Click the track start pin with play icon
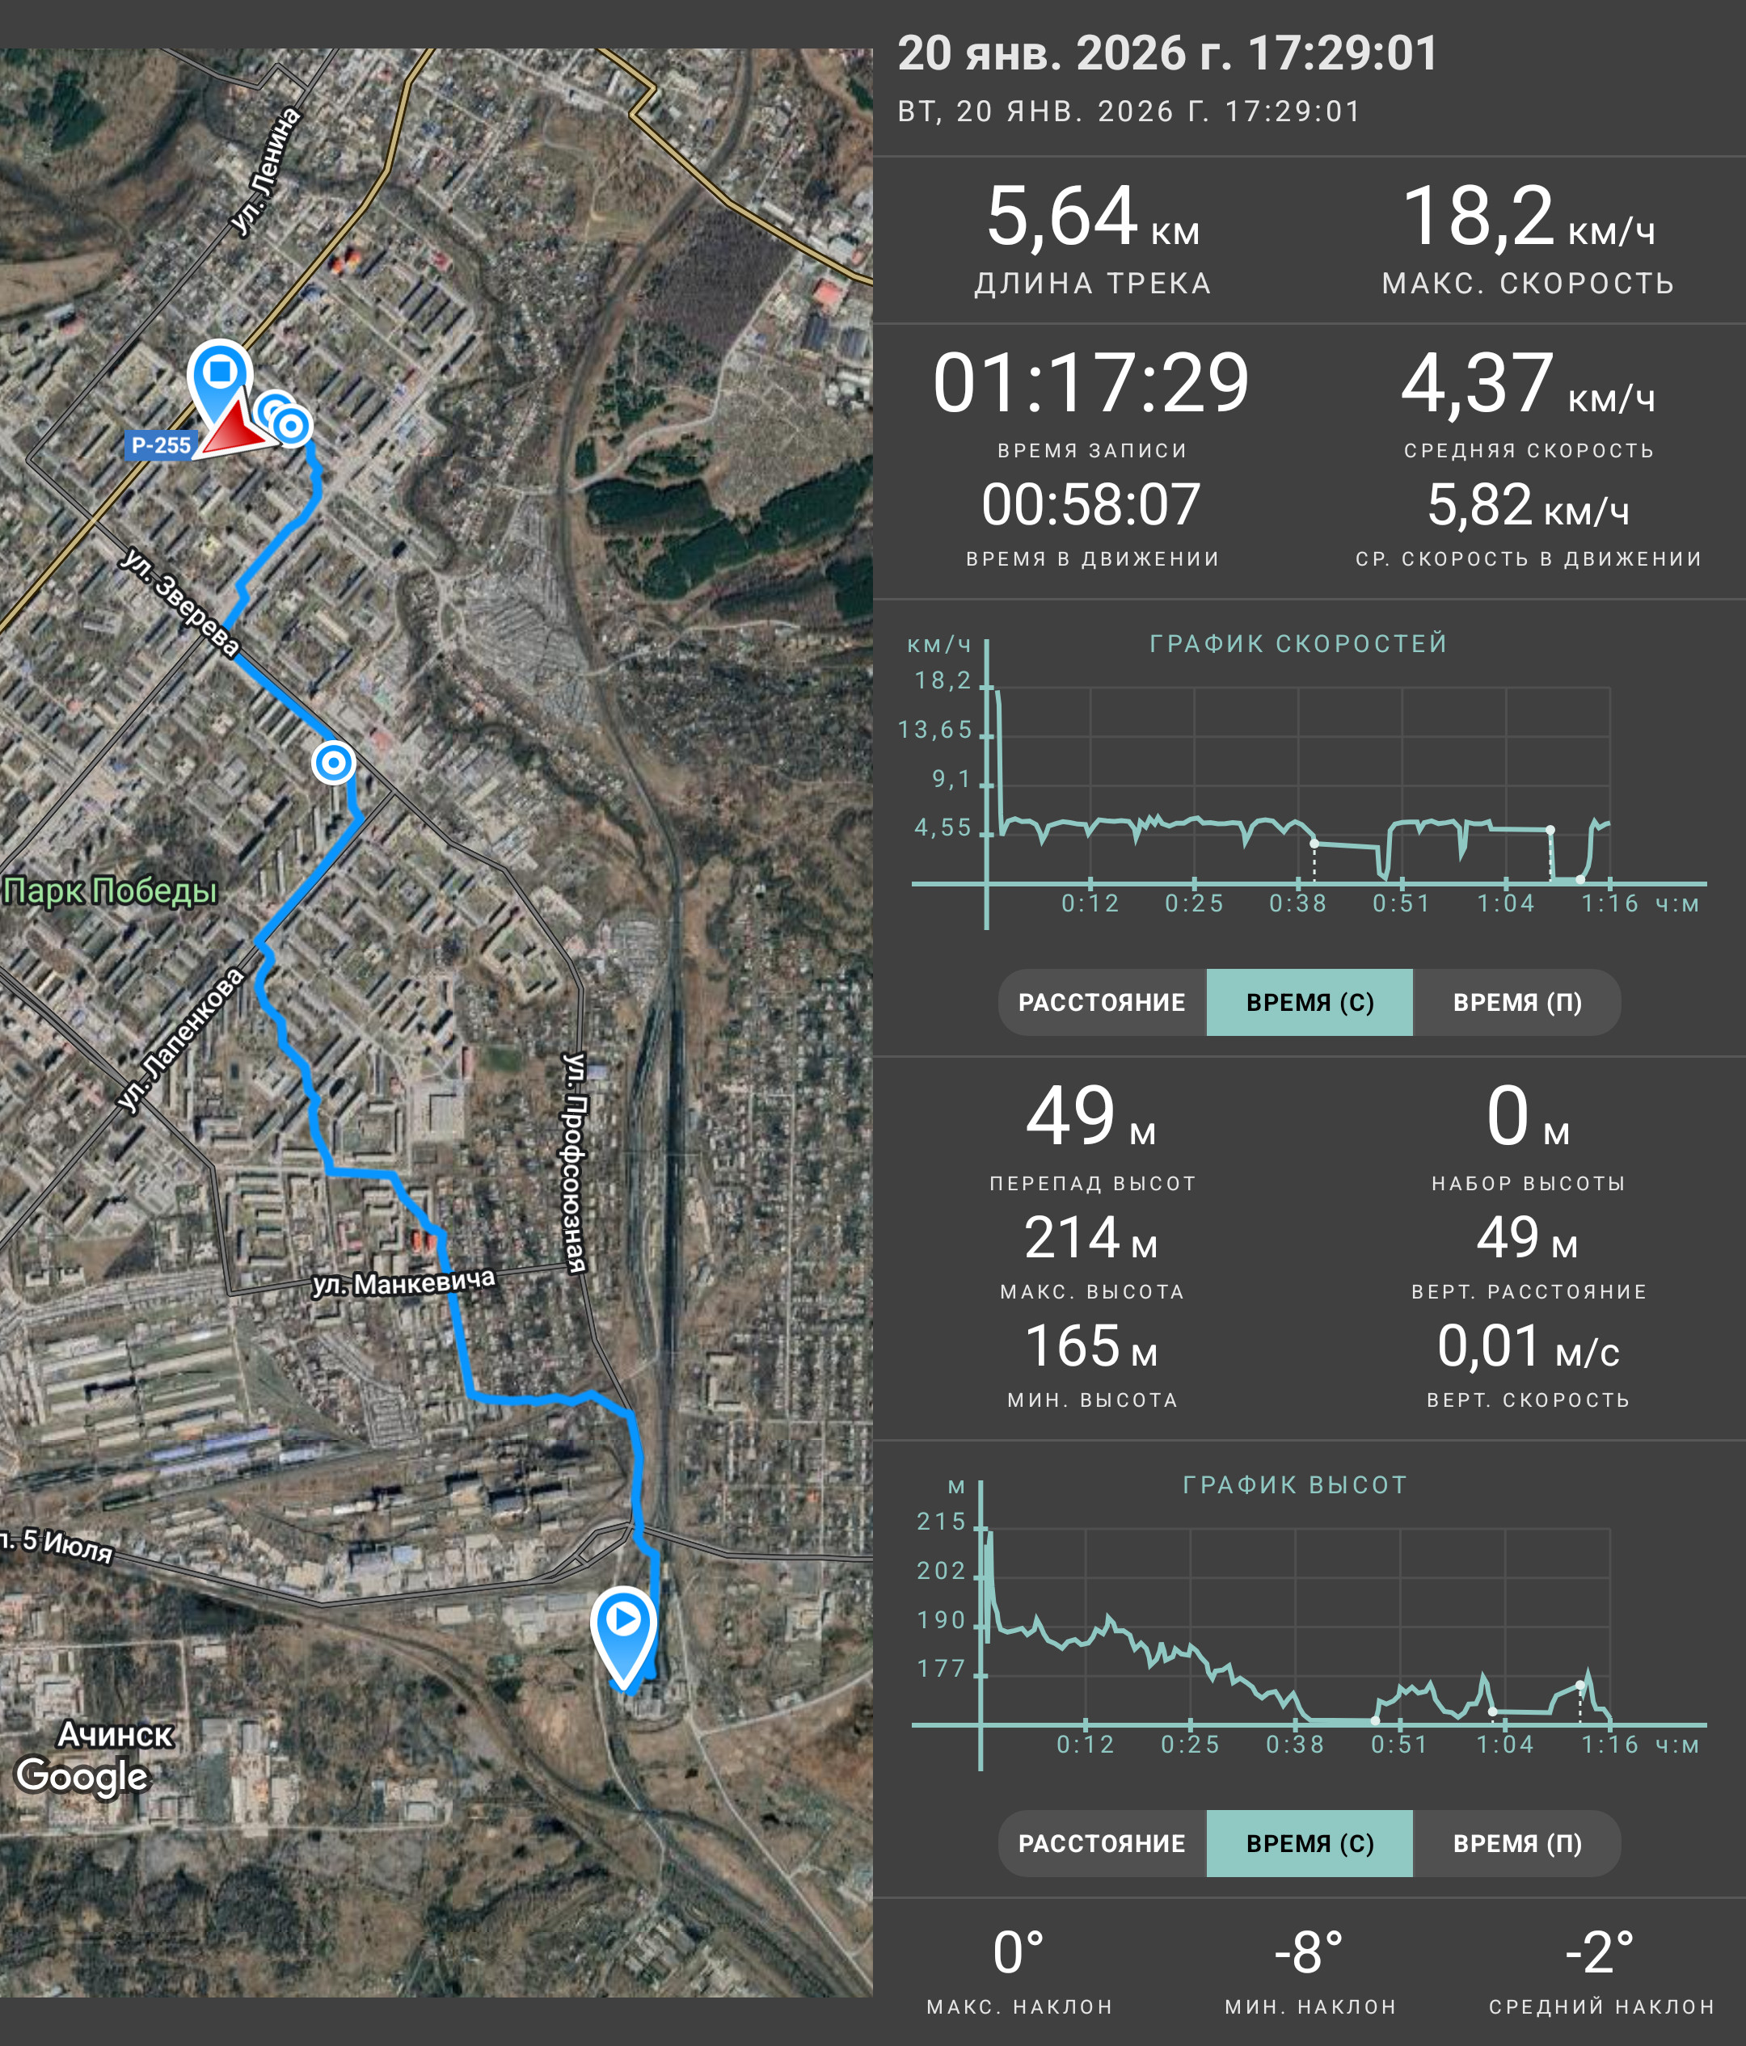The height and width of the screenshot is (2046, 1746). (623, 1634)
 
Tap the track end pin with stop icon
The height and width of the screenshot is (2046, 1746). (220, 385)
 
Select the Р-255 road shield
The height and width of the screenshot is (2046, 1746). (161, 445)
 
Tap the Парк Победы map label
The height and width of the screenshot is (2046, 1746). (110, 890)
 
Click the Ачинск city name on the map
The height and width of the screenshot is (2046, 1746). (116, 1734)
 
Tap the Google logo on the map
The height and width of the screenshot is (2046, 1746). (83, 1775)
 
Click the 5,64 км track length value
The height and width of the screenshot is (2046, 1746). (1092, 217)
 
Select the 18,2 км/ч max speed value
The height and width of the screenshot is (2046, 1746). (1528, 217)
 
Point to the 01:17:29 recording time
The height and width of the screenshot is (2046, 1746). (1091, 383)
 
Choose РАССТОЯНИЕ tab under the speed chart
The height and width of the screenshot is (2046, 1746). (1102, 1002)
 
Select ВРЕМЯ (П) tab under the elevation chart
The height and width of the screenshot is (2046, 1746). (1517, 1843)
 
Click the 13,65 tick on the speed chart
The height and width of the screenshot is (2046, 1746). (934, 730)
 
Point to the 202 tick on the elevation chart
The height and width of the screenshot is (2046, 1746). (941, 1571)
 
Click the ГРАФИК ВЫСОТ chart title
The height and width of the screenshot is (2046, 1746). (1295, 1485)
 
